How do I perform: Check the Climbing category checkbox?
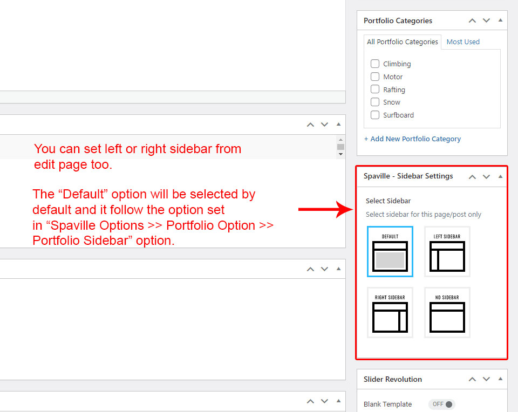[x=374, y=64]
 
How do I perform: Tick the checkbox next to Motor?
[x=374, y=77]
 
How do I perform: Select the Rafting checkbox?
[x=374, y=89]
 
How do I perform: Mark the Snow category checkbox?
[x=374, y=102]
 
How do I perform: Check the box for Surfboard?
[x=374, y=115]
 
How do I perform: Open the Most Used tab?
[x=463, y=42]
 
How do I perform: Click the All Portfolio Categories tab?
[x=403, y=42]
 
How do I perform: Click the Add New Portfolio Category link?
[x=412, y=139]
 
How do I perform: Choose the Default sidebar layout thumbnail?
[x=390, y=251]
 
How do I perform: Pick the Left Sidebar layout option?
[x=447, y=251]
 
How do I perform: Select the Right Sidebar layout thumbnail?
[x=390, y=312]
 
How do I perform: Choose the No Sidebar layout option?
[x=447, y=312]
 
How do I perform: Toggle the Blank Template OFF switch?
[x=442, y=404]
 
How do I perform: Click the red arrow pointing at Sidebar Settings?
[x=326, y=209]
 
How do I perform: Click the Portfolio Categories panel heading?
[x=398, y=20]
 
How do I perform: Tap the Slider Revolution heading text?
[x=392, y=379]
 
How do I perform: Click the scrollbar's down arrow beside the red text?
[x=340, y=154]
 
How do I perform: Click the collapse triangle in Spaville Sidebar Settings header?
[x=501, y=176]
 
